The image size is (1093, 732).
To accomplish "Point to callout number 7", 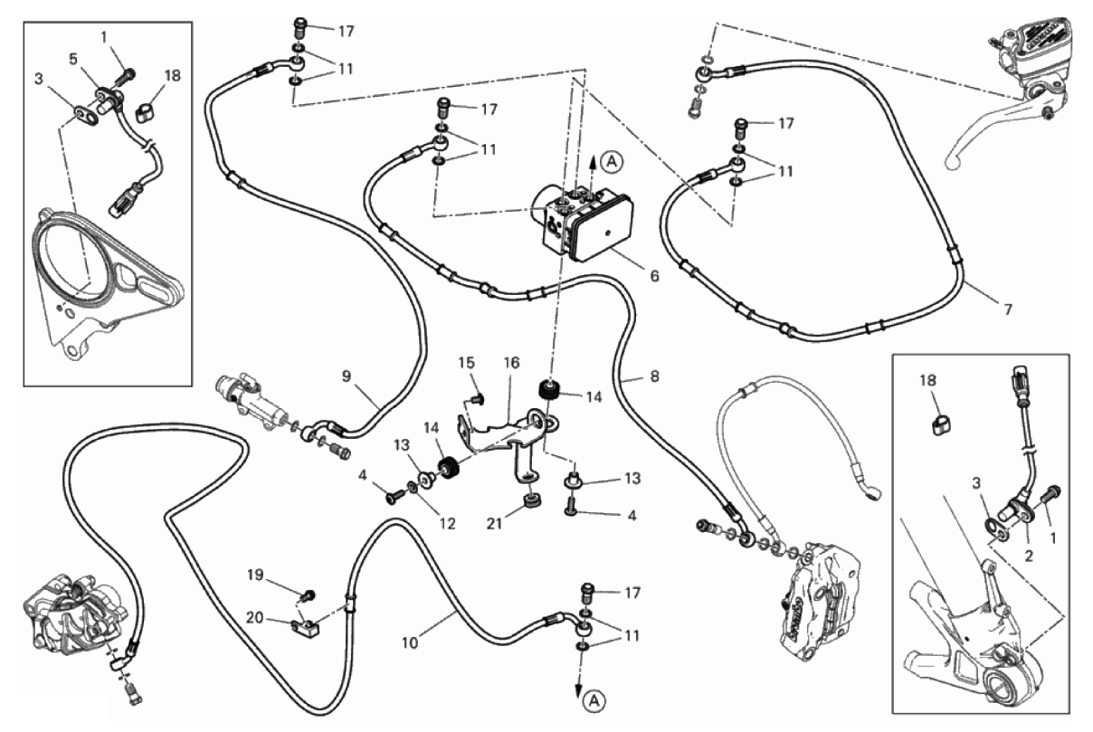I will click(x=1007, y=309).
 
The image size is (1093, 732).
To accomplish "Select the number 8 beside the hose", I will click(x=653, y=380).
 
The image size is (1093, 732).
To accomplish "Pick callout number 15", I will click(x=466, y=363).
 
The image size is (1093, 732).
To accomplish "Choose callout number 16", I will click(x=512, y=363).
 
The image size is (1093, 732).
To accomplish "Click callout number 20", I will click(x=255, y=617).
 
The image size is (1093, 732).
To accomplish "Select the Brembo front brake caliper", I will click(x=820, y=588).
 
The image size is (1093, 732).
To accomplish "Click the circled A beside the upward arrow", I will click(x=613, y=163).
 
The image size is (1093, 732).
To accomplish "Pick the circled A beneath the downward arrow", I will click(x=592, y=699).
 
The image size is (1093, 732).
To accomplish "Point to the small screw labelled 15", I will click(x=480, y=396).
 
